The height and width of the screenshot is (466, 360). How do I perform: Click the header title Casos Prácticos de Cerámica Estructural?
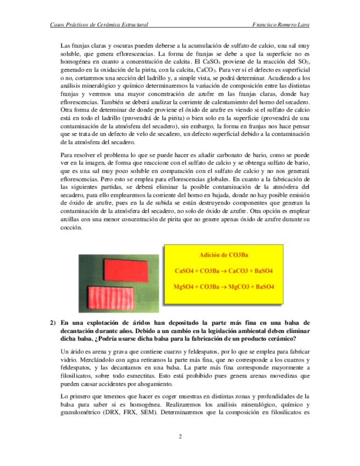(x=99, y=25)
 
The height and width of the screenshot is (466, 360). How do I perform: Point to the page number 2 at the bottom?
(x=180, y=437)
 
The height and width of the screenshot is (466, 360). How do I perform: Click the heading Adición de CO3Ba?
(x=224, y=256)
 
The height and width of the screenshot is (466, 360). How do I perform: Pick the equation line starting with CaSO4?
(x=224, y=271)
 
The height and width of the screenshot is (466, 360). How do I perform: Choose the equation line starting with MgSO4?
(x=224, y=287)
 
